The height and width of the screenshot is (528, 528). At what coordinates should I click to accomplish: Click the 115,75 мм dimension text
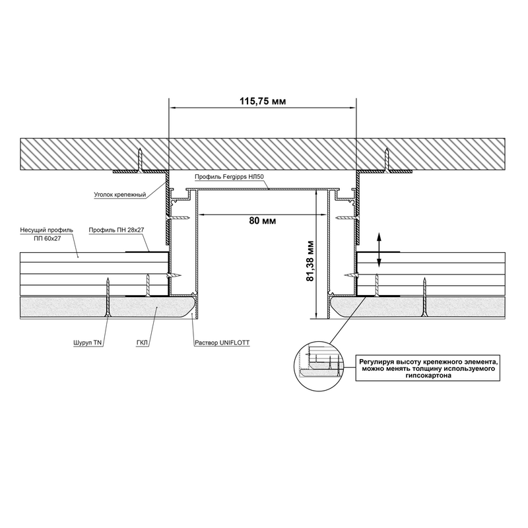click(x=263, y=101)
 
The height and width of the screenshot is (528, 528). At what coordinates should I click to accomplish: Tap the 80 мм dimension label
click(x=262, y=220)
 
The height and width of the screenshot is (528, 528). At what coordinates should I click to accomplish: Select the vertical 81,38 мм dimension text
click(x=310, y=261)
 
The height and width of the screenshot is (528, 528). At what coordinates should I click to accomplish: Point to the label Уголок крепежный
click(x=119, y=195)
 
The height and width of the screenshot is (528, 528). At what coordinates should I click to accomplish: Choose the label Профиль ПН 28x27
click(x=117, y=230)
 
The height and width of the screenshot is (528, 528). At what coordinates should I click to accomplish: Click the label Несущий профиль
click(x=46, y=230)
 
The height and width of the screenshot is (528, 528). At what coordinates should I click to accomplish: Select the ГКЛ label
click(x=142, y=343)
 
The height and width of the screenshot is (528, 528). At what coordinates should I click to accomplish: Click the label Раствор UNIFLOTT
click(x=222, y=343)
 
